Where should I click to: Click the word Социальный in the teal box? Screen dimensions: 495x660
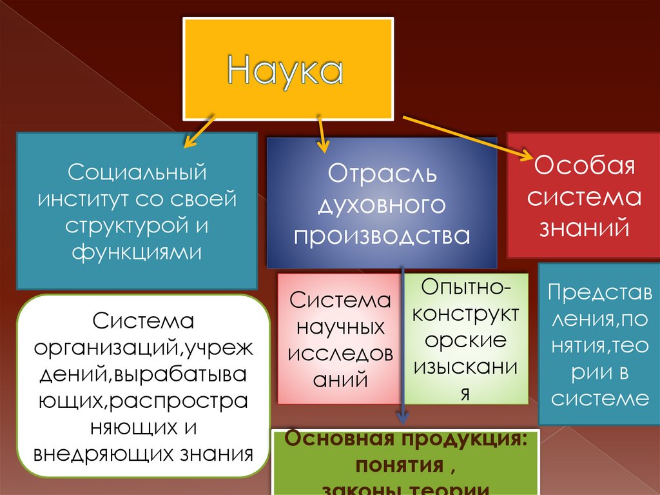pos(137,173)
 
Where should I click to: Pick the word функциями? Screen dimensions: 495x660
pos(137,250)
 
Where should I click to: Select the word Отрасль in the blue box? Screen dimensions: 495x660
pos(382,175)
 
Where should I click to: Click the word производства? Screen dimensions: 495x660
pos(382,235)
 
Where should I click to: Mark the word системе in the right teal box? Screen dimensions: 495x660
pos(599,398)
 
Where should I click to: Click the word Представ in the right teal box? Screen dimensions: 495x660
pos(599,293)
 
